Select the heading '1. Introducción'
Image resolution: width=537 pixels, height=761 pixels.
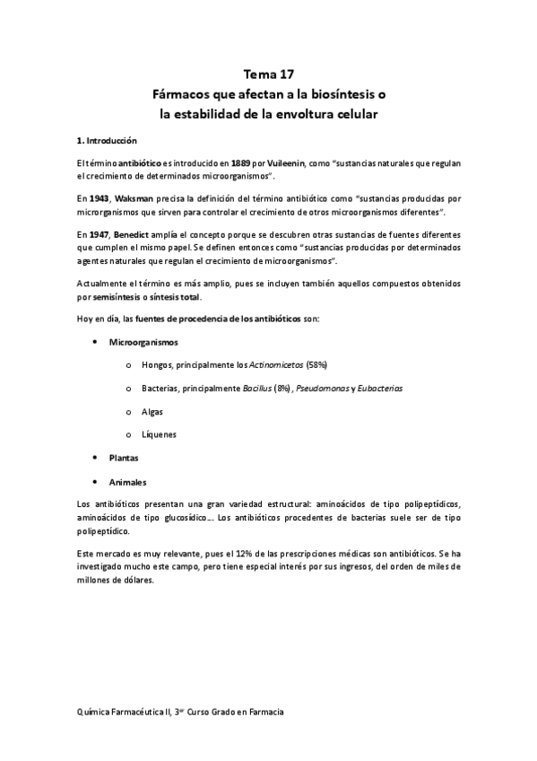coord(108,141)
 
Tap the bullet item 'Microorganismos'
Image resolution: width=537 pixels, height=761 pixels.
coord(143,342)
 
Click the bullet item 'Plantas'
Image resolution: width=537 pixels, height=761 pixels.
coord(124,458)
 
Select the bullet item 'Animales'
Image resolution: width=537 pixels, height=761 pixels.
coord(127,481)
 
